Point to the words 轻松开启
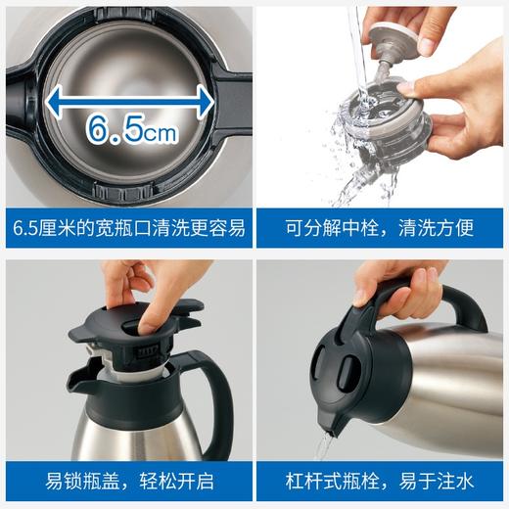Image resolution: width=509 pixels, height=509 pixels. point(174,481)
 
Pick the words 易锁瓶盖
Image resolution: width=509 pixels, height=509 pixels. point(80,481)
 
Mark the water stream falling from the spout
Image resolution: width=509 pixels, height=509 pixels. point(320,445)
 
